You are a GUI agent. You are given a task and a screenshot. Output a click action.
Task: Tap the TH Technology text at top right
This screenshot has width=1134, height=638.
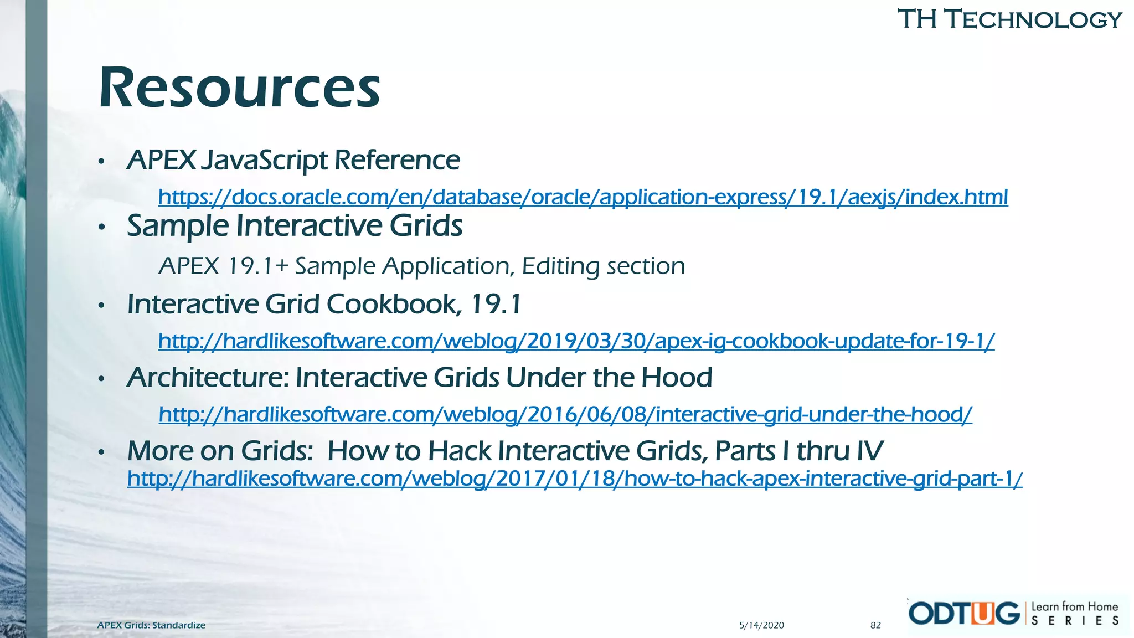[1009, 19]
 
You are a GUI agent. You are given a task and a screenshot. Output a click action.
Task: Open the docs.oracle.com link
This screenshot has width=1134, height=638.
[583, 197]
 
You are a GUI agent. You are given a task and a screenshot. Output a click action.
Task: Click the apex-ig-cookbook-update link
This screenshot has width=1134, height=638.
[576, 341]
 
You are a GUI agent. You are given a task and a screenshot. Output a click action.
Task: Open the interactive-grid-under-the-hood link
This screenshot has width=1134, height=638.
[565, 414]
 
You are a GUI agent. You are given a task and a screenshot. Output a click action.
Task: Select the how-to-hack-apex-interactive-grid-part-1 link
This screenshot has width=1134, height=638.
[574, 478]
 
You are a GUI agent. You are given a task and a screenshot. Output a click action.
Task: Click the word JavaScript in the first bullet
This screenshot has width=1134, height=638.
[264, 161]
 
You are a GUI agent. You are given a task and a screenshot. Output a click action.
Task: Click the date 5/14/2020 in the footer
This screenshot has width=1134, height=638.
[761, 625]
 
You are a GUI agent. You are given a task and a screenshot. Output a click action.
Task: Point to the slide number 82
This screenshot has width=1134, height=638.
[875, 625]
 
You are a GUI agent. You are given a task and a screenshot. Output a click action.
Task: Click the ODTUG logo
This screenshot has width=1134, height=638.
[964, 614]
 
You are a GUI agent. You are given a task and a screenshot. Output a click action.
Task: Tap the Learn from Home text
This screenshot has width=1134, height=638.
[1074, 606]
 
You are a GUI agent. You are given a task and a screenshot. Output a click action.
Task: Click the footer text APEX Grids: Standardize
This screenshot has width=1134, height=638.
[151, 625]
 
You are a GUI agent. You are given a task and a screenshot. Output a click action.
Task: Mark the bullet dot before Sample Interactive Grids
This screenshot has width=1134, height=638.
[101, 228]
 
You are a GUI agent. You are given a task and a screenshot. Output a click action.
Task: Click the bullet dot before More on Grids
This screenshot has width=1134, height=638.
[101, 453]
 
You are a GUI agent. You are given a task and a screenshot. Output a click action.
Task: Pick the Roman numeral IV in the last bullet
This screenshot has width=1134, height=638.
[869, 451]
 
